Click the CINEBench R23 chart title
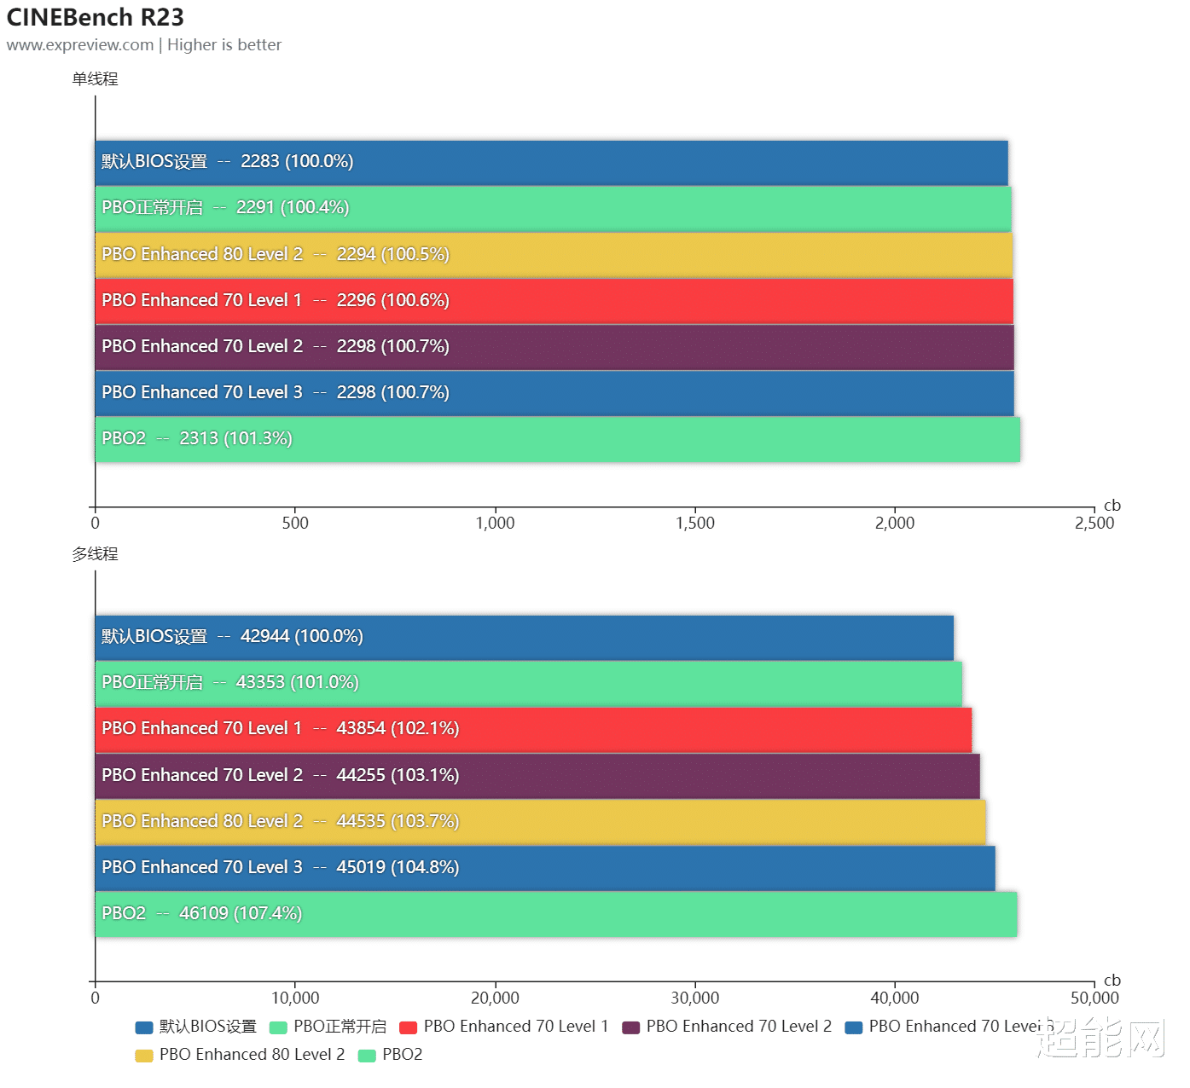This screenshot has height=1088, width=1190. pyautogui.click(x=95, y=17)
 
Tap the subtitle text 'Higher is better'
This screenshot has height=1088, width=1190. pyautogui.click(x=224, y=45)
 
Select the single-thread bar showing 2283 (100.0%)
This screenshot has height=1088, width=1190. pyautogui.click(x=551, y=163)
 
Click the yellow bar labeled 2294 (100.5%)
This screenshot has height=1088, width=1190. pyautogui.click(x=554, y=255)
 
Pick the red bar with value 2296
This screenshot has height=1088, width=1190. pyautogui.click(x=554, y=301)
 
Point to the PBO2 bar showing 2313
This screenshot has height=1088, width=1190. pyautogui.click(x=558, y=440)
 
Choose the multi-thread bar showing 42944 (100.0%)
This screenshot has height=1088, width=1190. pyautogui.click(x=525, y=638)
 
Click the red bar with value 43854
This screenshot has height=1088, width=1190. pyautogui.click(x=533, y=730)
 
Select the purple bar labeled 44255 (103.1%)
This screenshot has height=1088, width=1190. pyautogui.click(x=537, y=776)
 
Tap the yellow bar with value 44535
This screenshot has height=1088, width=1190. pyautogui.click(x=541, y=822)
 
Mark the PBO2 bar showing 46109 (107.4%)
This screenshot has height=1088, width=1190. pyautogui.click(x=556, y=914)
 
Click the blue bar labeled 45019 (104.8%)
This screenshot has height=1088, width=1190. pyautogui.click(x=545, y=868)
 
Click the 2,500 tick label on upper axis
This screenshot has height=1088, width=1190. pyautogui.click(x=1094, y=523)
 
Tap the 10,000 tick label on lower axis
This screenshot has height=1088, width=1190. pyautogui.click(x=295, y=998)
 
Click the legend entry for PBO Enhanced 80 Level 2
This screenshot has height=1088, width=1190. pyautogui.click(x=241, y=1054)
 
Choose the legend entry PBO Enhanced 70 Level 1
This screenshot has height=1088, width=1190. pyautogui.click(x=504, y=1027)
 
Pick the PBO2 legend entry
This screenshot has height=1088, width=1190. pyautogui.click(x=391, y=1054)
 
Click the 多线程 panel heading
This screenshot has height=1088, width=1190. pyautogui.click(x=95, y=554)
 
